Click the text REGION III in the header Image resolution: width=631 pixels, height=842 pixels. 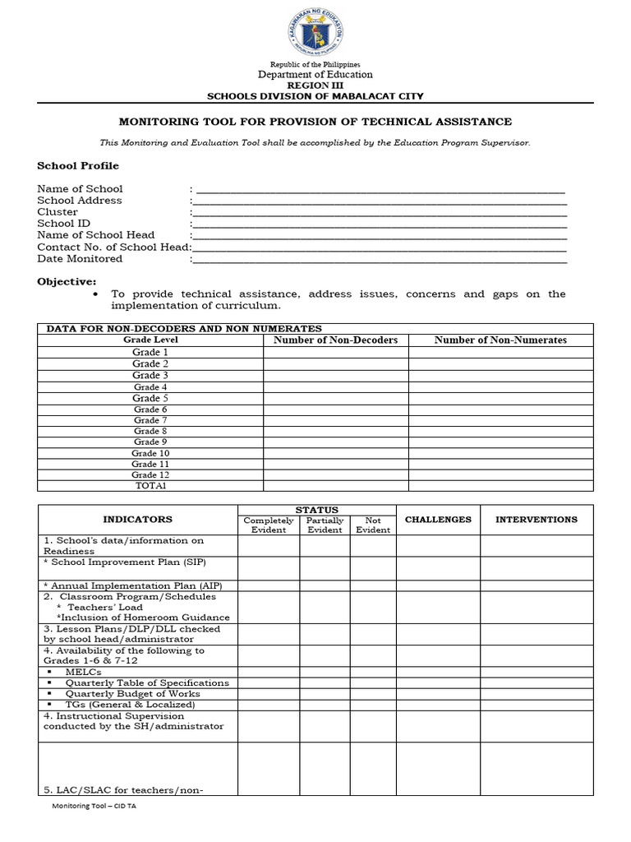coord(315,85)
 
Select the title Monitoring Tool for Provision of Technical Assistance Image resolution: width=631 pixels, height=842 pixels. coord(315,122)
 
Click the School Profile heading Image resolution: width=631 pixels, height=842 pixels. coord(78,165)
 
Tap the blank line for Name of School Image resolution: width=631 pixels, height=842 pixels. coord(379,190)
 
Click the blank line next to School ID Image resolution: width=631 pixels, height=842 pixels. coord(379,224)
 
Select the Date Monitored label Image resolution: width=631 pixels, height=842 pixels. coord(80,258)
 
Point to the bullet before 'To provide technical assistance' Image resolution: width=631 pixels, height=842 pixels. coord(98,294)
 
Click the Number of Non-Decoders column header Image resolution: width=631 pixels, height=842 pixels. coord(335,340)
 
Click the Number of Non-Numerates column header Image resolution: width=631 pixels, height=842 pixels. coord(500,340)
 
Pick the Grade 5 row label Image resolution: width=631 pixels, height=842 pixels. coord(150,398)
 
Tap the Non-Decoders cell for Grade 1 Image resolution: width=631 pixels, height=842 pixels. coord(335,352)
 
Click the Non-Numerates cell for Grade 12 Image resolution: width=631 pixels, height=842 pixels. coord(500,474)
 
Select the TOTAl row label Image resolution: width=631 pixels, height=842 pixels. coord(150,485)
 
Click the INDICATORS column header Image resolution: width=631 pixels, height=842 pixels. coord(137,520)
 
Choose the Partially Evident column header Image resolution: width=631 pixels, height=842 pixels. coord(325,525)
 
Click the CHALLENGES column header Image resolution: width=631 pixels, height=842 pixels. coord(438,520)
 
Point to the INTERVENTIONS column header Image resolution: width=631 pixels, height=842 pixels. coord(536,520)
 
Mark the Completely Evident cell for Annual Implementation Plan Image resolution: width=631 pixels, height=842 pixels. coord(269,585)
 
